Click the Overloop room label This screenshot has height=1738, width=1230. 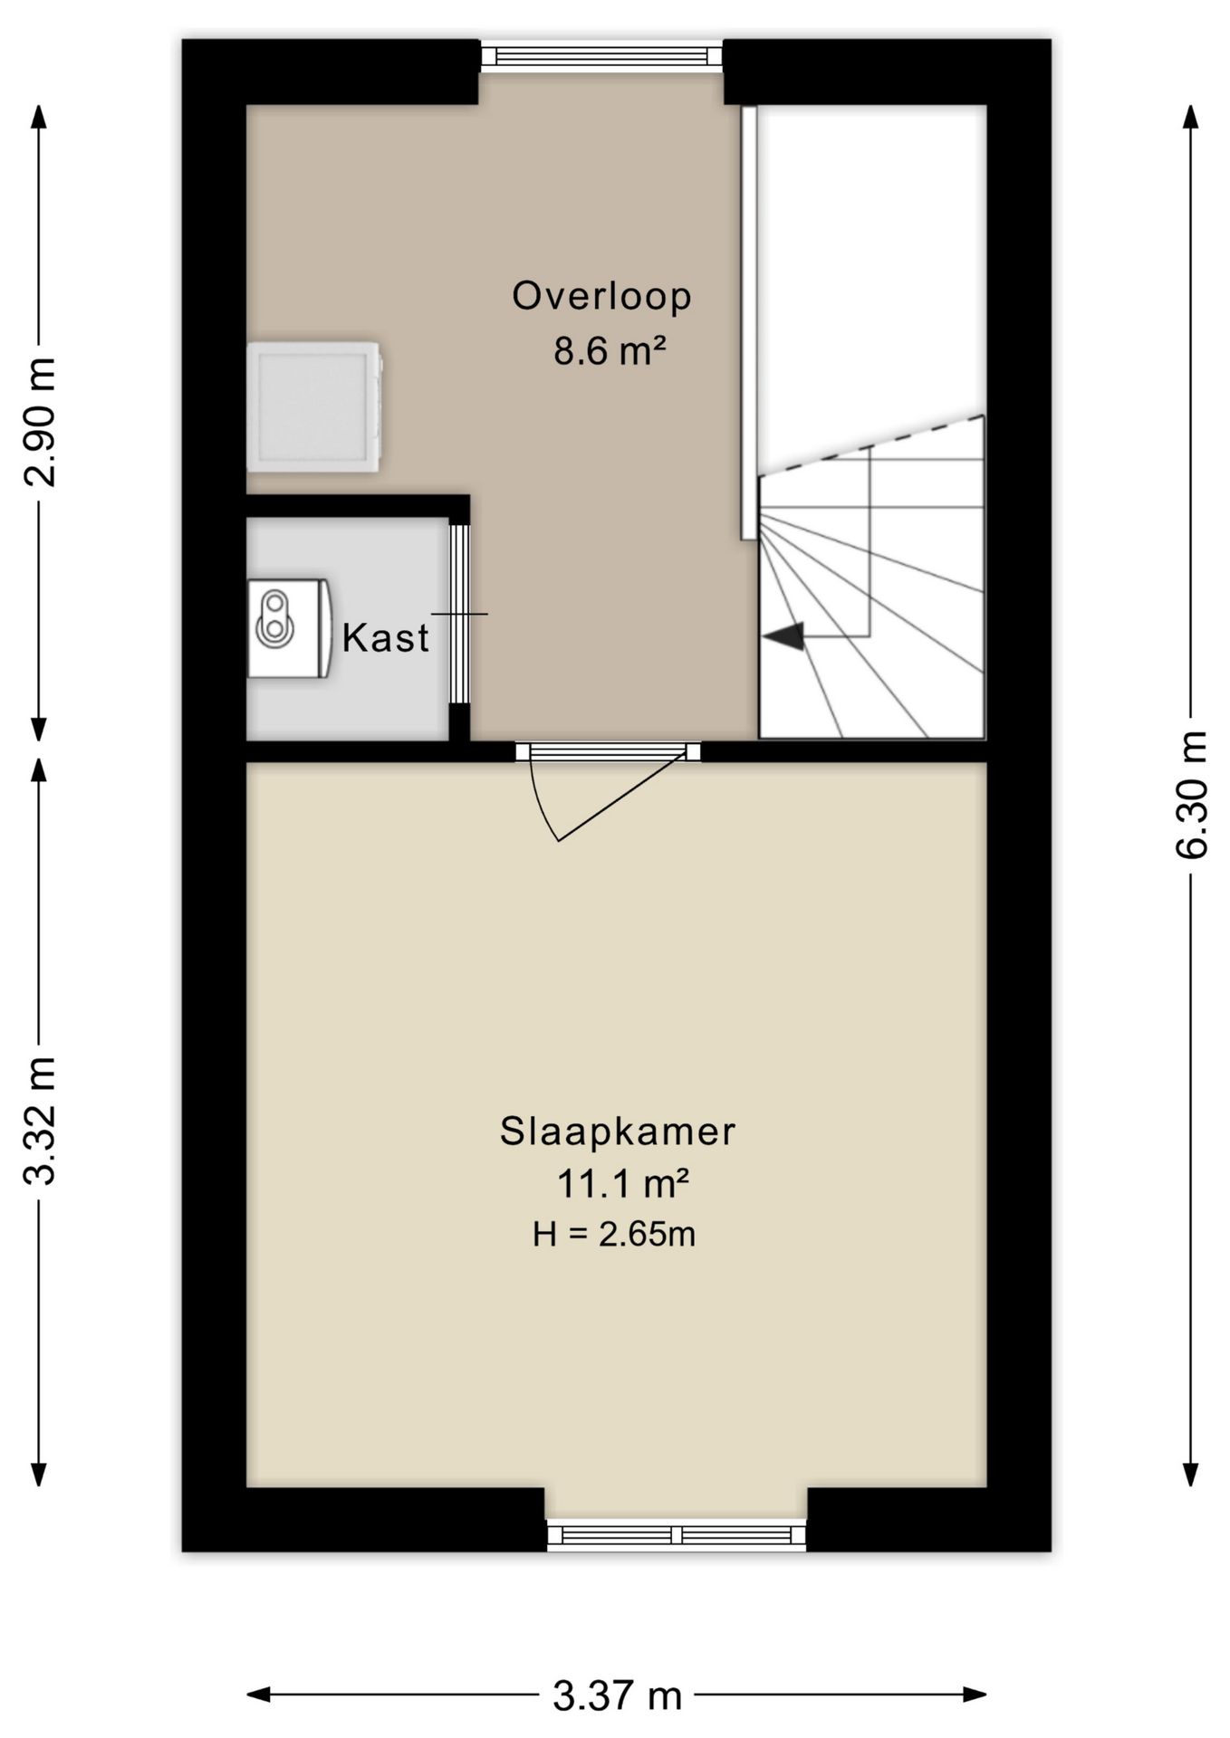[601, 297]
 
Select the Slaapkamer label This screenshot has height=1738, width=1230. [618, 1132]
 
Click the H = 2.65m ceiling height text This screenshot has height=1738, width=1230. [614, 1234]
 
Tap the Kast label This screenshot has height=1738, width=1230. [385, 638]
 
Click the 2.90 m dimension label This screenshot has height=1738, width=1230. [41, 422]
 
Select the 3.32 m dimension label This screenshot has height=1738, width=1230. [41, 1121]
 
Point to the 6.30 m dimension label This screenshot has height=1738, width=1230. [1191, 794]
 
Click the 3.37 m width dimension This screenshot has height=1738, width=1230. [617, 1695]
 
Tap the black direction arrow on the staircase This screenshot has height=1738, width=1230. [784, 637]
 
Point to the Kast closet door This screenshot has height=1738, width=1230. [460, 614]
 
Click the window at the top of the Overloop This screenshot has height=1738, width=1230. [601, 56]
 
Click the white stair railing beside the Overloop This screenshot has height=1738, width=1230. [749, 323]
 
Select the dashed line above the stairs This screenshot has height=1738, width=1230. [871, 444]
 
